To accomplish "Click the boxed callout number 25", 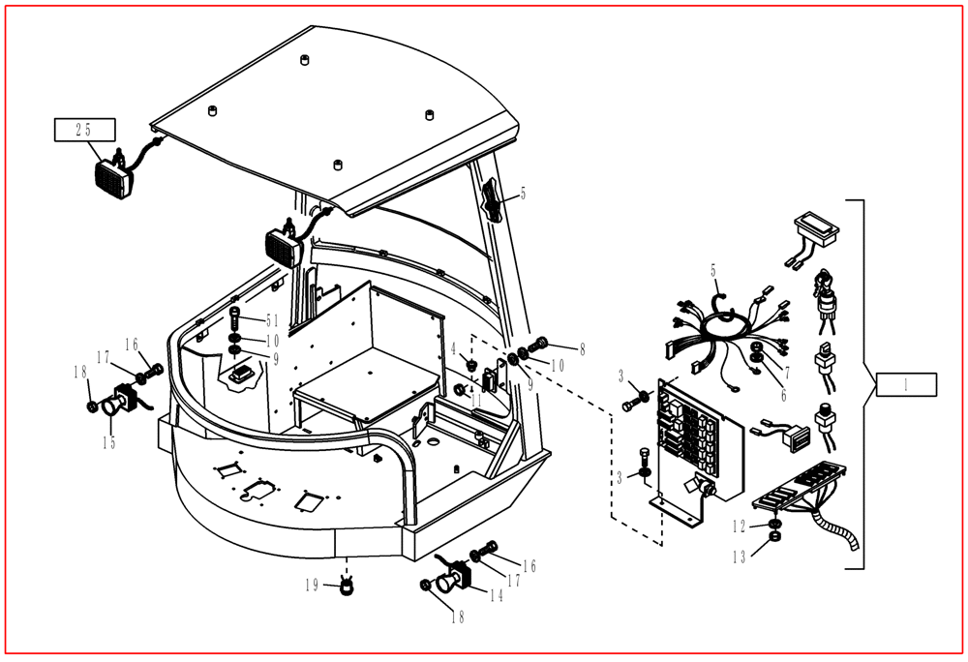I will click(84, 130).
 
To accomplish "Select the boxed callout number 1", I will click(906, 384).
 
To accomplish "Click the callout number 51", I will click(272, 321).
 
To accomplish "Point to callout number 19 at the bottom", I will click(312, 585).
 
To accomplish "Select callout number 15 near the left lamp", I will click(109, 442).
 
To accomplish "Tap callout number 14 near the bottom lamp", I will click(496, 596).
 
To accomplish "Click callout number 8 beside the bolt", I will click(582, 350).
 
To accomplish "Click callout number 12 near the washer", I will click(740, 526).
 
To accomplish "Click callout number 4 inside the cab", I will click(453, 348).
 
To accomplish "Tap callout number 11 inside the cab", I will click(475, 398).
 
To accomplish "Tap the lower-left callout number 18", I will click(76, 371).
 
